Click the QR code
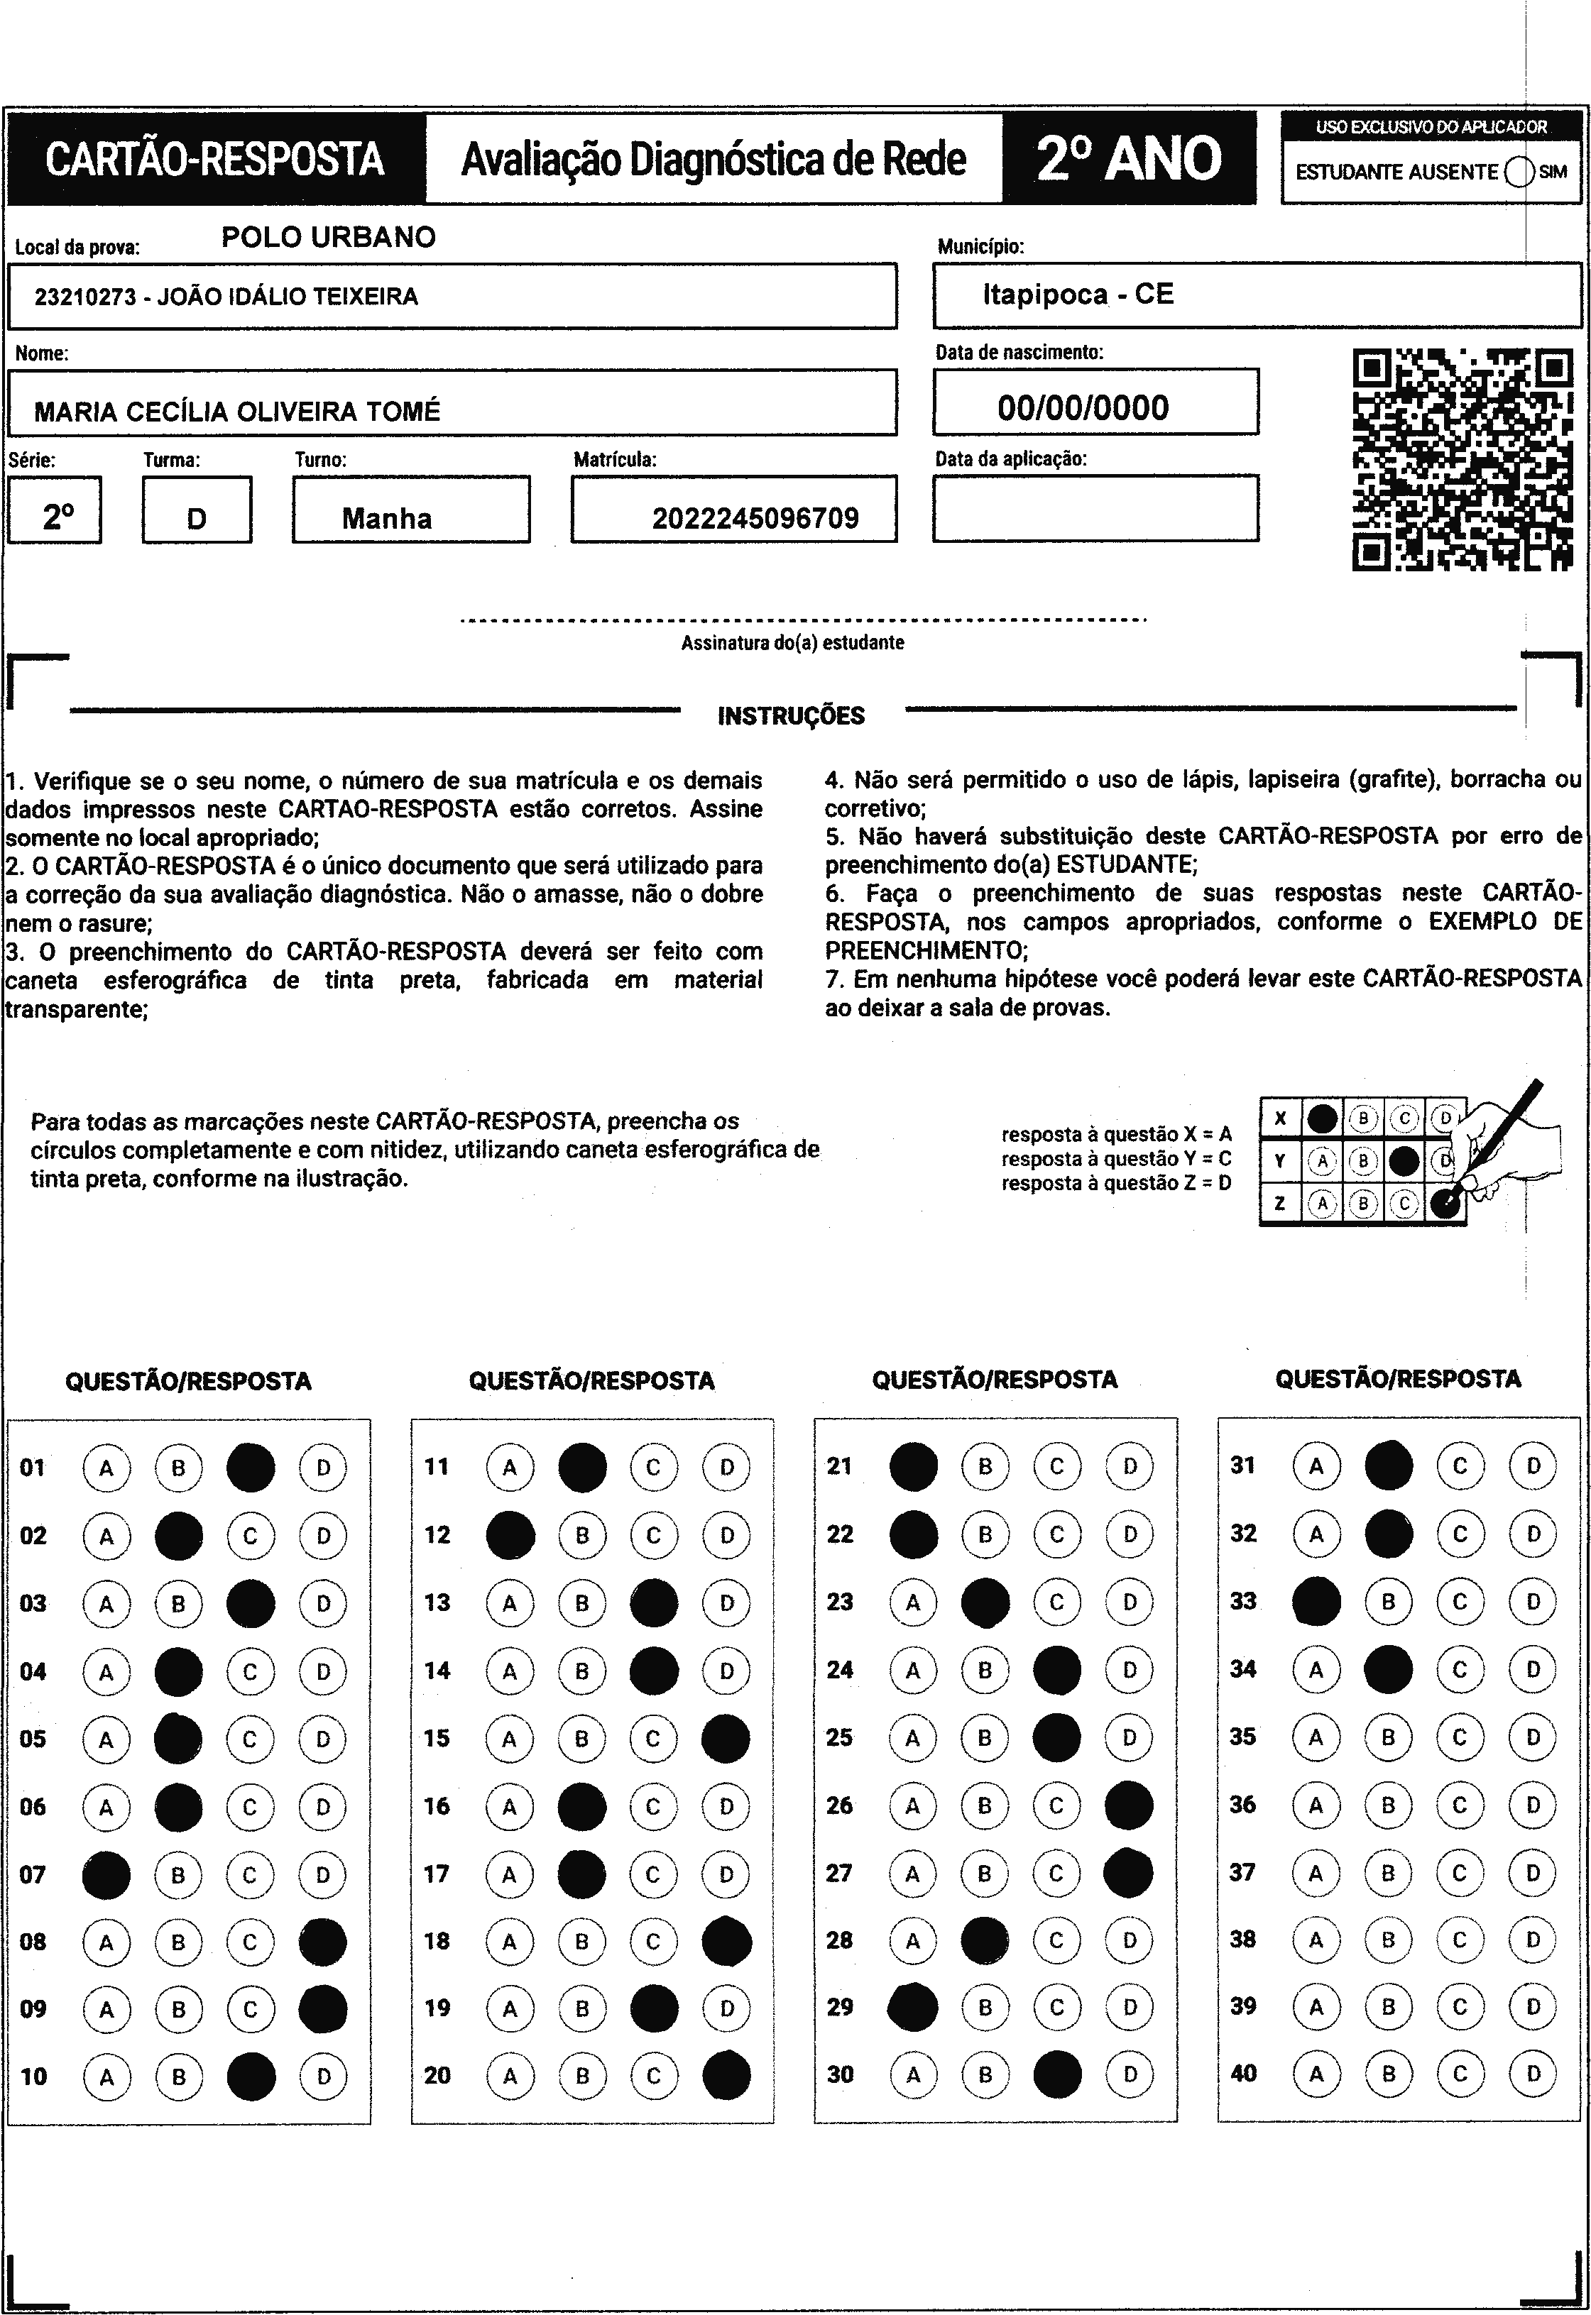click(1461, 459)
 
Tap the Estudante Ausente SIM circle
click(1519, 172)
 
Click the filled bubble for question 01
click(250, 1468)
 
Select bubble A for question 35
click(1316, 1737)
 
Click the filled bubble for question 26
click(1130, 1805)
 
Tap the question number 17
click(437, 1874)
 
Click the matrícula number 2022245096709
click(755, 518)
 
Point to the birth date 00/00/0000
click(1083, 407)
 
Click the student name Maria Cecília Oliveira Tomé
click(237, 412)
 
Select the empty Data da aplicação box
click(1095, 508)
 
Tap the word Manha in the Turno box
click(387, 518)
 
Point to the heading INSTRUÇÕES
click(790, 715)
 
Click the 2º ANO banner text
click(1128, 158)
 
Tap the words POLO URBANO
click(328, 237)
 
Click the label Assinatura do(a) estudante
click(792, 643)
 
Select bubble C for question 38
click(1460, 1940)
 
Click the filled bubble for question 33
click(1316, 1602)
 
